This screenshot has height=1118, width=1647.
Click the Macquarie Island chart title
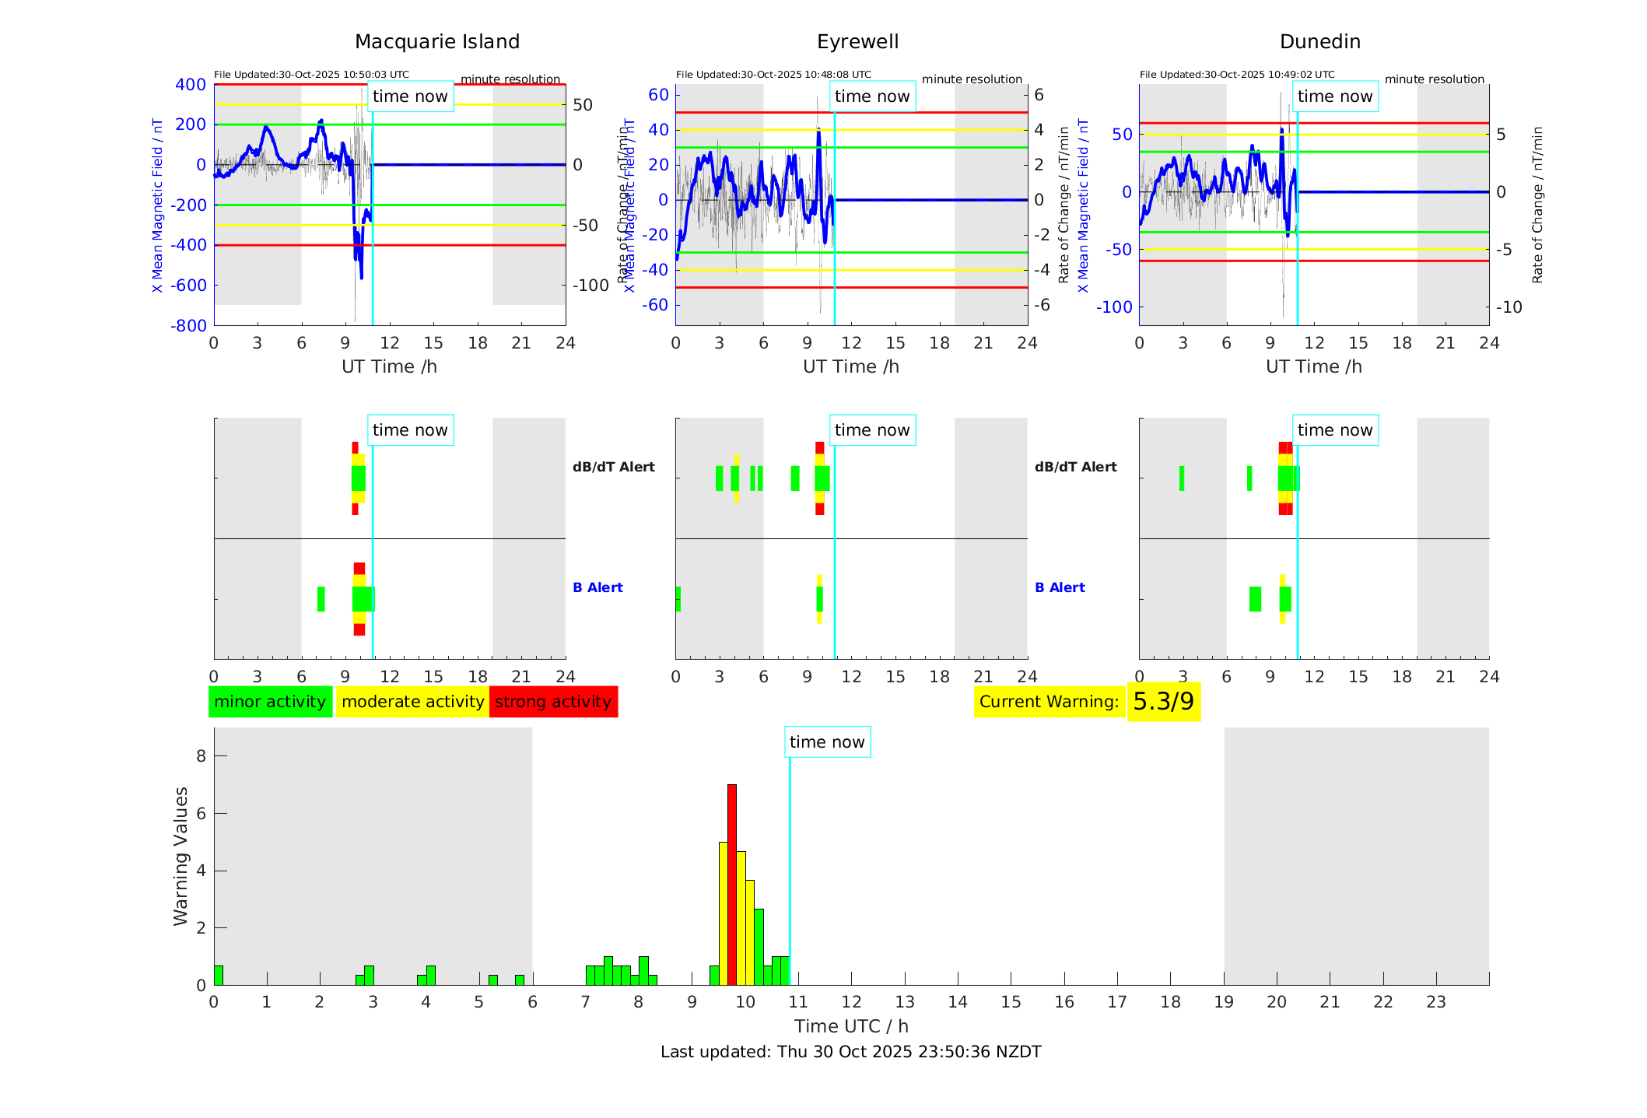436,42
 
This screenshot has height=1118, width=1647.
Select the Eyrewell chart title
857,42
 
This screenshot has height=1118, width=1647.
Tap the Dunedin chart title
1319,42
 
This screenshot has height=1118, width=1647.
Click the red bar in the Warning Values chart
731,884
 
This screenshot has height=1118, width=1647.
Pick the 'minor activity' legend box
270,702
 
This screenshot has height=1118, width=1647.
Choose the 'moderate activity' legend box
412,702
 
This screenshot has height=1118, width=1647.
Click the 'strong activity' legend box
553,702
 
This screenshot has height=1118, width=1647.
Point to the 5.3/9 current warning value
1163,702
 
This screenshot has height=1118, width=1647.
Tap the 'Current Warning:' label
1049,702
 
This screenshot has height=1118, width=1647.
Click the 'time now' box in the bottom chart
827,742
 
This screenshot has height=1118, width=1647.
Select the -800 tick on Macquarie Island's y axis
189,326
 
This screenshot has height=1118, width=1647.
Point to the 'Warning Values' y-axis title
181,856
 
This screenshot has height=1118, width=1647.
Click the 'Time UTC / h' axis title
851,1026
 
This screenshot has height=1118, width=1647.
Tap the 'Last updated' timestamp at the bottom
850,1052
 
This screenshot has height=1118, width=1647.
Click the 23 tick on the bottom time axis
1435,1002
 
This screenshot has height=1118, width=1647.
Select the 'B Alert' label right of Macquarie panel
597,587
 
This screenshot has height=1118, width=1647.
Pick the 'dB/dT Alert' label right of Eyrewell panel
1075,467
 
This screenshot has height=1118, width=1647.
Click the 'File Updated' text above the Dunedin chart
1237,75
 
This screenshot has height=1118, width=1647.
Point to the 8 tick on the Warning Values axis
201,755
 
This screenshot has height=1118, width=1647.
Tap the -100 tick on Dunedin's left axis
1114,307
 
